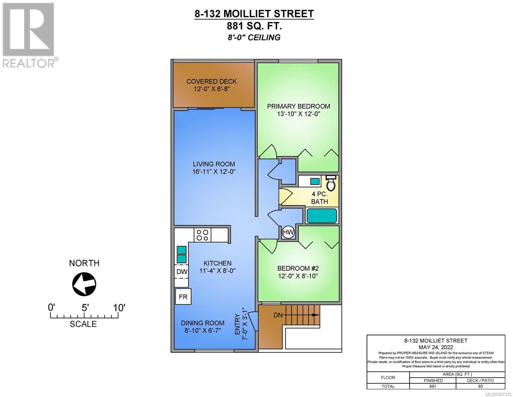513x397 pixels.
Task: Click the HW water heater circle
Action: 288,232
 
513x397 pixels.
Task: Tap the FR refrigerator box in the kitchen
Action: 183,296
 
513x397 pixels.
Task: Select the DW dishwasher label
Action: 182,272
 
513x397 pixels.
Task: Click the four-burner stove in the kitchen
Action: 202,235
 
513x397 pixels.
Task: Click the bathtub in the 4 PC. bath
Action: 321,216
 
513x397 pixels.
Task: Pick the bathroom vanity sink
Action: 315,182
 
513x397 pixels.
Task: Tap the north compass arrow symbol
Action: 84,284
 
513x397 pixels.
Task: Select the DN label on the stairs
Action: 278,315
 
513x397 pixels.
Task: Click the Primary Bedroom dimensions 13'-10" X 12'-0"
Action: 298,114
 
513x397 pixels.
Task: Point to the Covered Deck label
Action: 211,81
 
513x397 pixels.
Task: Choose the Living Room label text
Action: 214,164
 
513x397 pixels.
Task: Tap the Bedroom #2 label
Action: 298,268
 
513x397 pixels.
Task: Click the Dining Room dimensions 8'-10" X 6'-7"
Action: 203,330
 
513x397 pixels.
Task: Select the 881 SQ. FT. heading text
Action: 254,26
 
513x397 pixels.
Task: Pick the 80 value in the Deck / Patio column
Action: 480,386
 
